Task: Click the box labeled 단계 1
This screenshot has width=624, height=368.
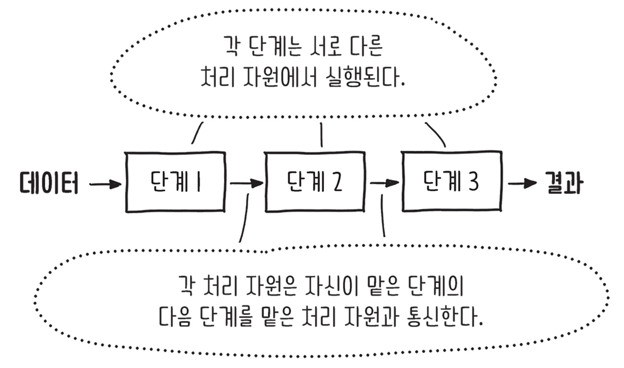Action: coord(175,182)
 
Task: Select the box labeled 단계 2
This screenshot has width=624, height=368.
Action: coord(314,182)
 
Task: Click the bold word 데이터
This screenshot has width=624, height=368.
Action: coord(49,183)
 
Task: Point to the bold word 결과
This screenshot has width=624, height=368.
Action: coord(564,183)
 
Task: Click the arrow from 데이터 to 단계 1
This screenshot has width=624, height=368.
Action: coord(105,184)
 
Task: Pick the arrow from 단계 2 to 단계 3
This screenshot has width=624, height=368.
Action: coord(384,183)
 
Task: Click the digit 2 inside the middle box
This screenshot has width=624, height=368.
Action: coord(337,182)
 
